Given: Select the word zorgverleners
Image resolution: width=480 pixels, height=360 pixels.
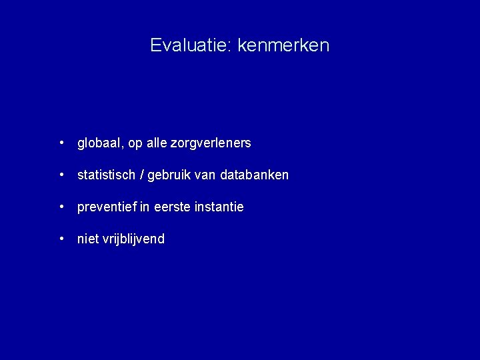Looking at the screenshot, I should [x=211, y=143].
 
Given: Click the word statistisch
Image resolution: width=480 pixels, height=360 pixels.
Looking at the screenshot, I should [x=106, y=175].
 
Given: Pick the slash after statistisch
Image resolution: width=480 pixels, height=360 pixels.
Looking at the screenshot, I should [x=141, y=175].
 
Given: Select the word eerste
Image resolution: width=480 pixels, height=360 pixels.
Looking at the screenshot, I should [x=172, y=207].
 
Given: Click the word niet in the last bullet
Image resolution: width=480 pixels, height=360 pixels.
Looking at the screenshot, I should [x=88, y=239].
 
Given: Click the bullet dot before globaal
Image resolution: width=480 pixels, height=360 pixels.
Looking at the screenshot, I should [x=61, y=143].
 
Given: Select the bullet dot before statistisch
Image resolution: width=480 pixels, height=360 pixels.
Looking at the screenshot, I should [x=61, y=175].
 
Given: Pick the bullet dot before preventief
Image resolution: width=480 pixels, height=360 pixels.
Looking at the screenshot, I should [x=61, y=207].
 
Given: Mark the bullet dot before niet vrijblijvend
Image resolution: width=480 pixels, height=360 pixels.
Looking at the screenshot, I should [x=61, y=239].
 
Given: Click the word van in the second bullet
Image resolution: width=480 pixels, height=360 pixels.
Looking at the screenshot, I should [x=207, y=175].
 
